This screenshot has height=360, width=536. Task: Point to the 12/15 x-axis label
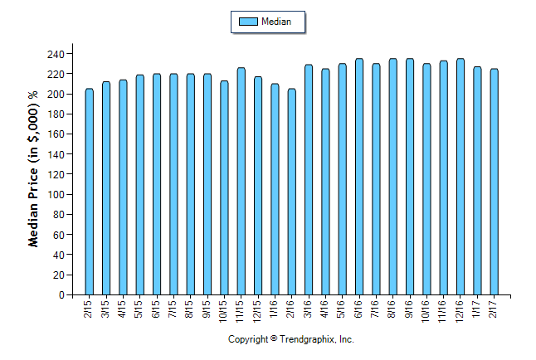click(258, 309)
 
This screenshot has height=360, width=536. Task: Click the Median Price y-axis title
click(34, 169)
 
